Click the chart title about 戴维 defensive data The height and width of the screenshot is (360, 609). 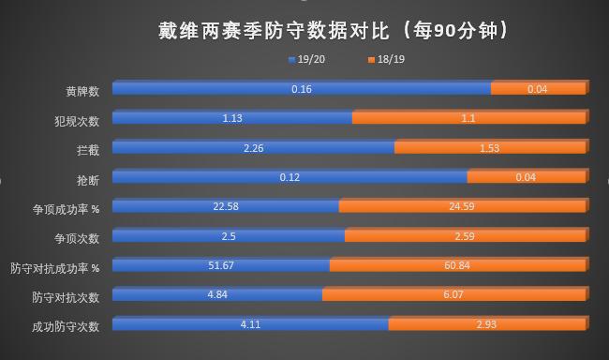pyautogui.click(x=334, y=30)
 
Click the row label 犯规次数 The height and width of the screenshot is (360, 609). pyautogui.click(x=77, y=120)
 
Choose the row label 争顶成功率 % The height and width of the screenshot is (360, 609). pyautogui.click(x=66, y=208)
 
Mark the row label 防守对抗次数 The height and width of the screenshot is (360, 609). pyautogui.click(x=66, y=296)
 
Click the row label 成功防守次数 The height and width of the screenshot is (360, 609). pyautogui.click(x=66, y=326)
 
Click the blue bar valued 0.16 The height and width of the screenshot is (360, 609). pyautogui.click(x=302, y=89)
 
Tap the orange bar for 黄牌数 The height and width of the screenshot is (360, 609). pyautogui.click(x=538, y=89)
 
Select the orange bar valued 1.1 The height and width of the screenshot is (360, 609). pyautogui.click(x=468, y=118)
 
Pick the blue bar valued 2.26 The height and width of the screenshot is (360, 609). pyautogui.click(x=253, y=148)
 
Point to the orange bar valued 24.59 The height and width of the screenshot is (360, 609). pyautogui.click(x=462, y=206)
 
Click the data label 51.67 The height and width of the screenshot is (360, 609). pyautogui.click(x=221, y=265)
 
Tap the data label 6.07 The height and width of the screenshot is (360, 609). pyautogui.click(x=453, y=295)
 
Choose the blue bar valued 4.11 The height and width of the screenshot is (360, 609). pyautogui.click(x=250, y=324)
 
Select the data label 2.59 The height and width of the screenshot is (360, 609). pyautogui.click(x=465, y=236)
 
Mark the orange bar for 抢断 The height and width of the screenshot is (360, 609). pyautogui.click(x=526, y=177)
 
